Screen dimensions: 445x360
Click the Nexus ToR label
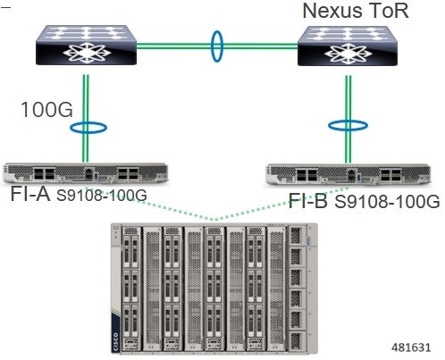[356, 11]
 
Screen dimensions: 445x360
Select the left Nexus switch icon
[86, 45]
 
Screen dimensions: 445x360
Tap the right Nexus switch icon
[348, 46]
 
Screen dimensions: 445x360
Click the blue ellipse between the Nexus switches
[217, 46]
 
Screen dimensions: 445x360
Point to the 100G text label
[46, 110]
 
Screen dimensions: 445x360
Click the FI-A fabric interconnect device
[86, 172]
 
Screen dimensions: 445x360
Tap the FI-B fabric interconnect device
[348, 174]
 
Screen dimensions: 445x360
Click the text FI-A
[30, 194]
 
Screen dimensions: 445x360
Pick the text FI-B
[308, 200]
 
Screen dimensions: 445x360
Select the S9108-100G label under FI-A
[102, 196]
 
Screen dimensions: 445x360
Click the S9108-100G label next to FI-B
[387, 202]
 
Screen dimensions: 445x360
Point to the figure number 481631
[411, 347]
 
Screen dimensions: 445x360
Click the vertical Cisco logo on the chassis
[115, 341]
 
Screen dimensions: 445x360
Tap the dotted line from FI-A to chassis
[150, 204]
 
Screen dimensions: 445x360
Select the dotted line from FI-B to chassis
[282, 204]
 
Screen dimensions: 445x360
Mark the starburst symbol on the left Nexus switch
[87, 53]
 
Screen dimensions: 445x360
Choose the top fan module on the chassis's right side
[297, 236]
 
